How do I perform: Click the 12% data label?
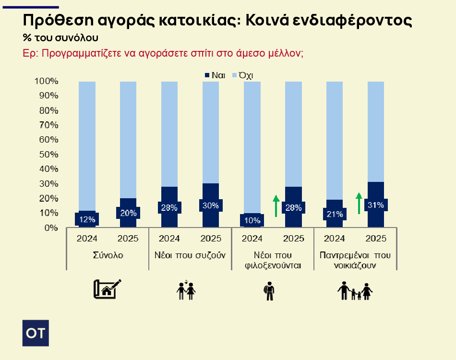[87, 220]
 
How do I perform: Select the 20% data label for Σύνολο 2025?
[128, 213]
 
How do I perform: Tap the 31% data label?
[376, 205]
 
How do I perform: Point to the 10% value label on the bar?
[252, 221]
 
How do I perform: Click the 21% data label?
[335, 214]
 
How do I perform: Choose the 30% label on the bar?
[211, 205]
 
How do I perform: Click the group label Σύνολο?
[108, 255]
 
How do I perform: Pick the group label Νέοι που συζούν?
[190, 255]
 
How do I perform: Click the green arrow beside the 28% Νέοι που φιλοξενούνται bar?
[276, 205]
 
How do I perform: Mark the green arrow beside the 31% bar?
[359, 203]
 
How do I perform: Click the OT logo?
[36, 333]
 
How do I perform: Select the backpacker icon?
[269, 291]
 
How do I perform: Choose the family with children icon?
[355, 291]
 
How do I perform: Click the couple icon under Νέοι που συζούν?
[187, 290]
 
